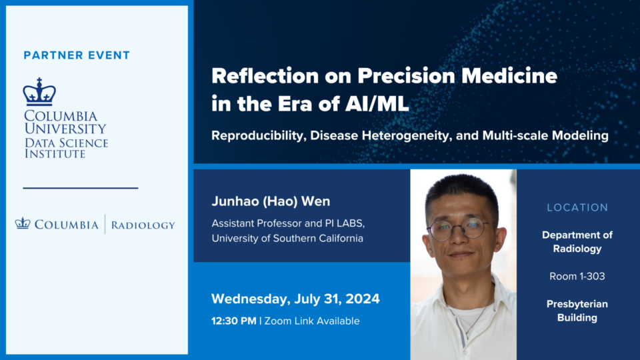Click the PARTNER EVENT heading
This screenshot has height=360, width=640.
pyautogui.click(x=77, y=55)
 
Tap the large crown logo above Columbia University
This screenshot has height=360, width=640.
pyautogui.click(x=39, y=91)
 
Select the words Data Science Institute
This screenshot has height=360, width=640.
pyautogui.click(x=66, y=148)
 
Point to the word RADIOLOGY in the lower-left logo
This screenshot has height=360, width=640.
pyautogui.click(x=143, y=225)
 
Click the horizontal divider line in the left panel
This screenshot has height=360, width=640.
pyautogui.click(x=81, y=188)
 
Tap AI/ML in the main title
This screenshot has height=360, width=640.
pyautogui.click(x=377, y=104)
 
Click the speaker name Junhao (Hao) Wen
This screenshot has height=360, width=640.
pyautogui.click(x=271, y=201)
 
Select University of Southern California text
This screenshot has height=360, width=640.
pyautogui.click(x=287, y=239)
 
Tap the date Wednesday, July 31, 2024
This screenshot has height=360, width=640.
pyautogui.click(x=295, y=299)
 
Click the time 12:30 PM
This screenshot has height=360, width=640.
pyautogui.click(x=234, y=321)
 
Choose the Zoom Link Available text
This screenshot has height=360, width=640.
pyautogui.click(x=312, y=321)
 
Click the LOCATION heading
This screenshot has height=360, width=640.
pyautogui.click(x=577, y=208)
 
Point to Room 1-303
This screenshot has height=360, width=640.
pyautogui.click(x=577, y=276)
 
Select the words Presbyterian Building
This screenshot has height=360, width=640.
pyautogui.click(x=577, y=311)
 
